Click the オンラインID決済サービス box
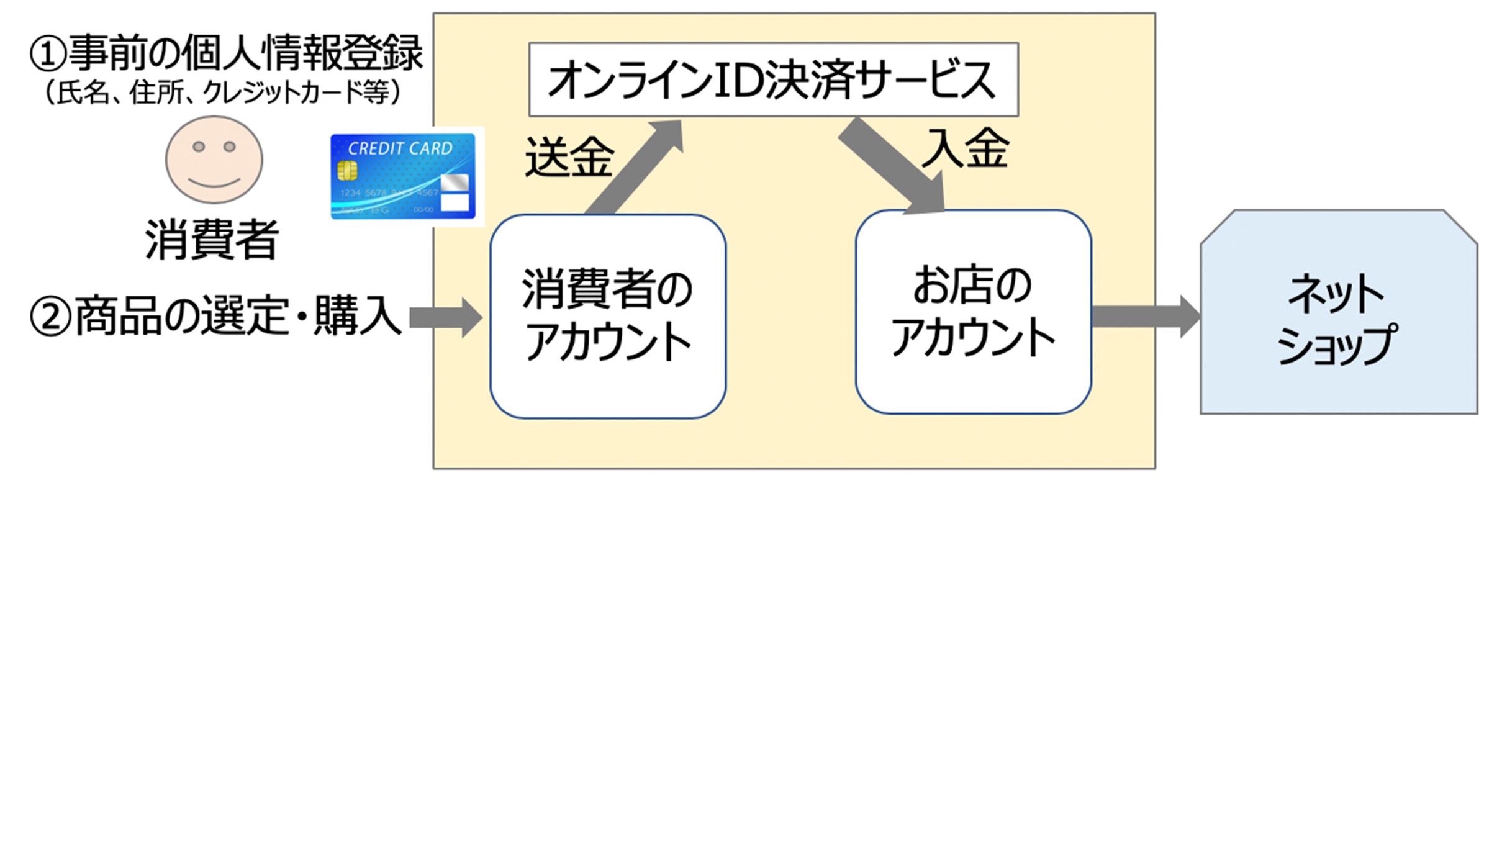(773, 79)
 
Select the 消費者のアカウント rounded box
(608, 316)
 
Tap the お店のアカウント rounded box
(973, 312)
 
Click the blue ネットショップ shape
(1338, 317)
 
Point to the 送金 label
(569, 158)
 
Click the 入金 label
(965, 149)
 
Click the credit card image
(403, 176)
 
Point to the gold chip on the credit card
(347, 170)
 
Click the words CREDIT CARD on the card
(400, 149)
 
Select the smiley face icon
(214, 160)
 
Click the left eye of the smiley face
(199, 147)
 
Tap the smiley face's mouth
(214, 183)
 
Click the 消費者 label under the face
(212, 240)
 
